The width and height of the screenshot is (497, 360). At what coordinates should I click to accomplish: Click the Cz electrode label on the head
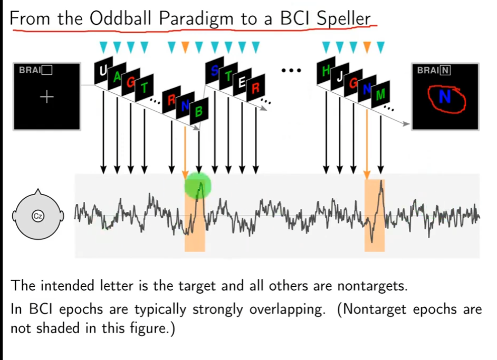[37, 216]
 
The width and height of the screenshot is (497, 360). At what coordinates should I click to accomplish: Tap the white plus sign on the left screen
[47, 96]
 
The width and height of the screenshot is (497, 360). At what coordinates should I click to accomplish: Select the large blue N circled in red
[445, 96]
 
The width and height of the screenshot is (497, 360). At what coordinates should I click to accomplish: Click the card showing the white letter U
[103, 70]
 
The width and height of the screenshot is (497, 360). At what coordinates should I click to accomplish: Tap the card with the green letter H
[326, 70]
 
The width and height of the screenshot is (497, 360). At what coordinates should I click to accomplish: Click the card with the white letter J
[340, 76]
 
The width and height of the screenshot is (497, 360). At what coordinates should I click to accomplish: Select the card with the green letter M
[381, 94]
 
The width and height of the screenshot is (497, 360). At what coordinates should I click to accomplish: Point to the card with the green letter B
[199, 111]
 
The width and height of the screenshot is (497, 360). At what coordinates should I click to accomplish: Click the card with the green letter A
[117, 76]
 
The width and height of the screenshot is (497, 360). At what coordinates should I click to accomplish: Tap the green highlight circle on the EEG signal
[198, 186]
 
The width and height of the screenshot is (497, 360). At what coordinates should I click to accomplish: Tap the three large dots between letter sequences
[291, 70]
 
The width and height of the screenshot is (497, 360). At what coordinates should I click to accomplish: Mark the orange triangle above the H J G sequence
[367, 47]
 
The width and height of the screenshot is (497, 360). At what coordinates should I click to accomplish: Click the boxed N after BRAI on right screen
[445, 70]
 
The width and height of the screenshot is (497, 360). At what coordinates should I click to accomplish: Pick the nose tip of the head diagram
[38, 189]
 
